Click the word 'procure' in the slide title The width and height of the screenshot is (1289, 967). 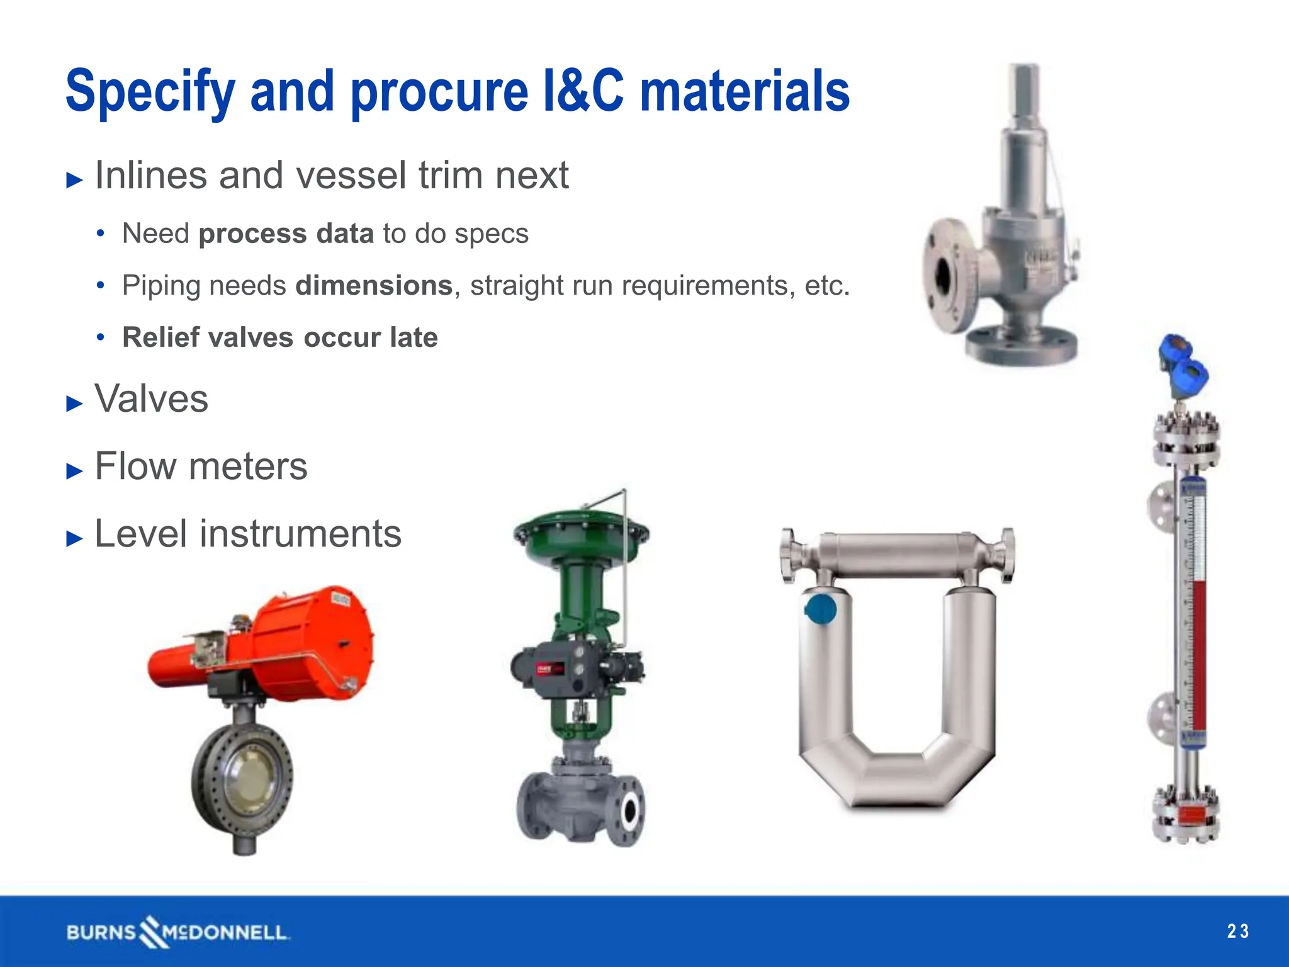click(439, 93)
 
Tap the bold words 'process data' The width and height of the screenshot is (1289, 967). click(286, 234)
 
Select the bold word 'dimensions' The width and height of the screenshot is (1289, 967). click(374, 286)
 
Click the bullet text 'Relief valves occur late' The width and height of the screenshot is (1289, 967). click(280, 337)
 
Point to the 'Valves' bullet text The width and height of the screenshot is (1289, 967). click(151, 399)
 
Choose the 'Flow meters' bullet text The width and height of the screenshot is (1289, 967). click(201, 467)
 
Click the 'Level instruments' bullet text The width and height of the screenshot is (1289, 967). click(247, 534)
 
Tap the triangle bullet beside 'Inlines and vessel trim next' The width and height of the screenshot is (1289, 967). click(74, 180)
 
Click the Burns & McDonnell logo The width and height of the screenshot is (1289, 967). click(177, 932)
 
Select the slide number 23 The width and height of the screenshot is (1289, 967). click(1237, 931)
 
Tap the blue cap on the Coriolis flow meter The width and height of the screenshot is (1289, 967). click(821, 609)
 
